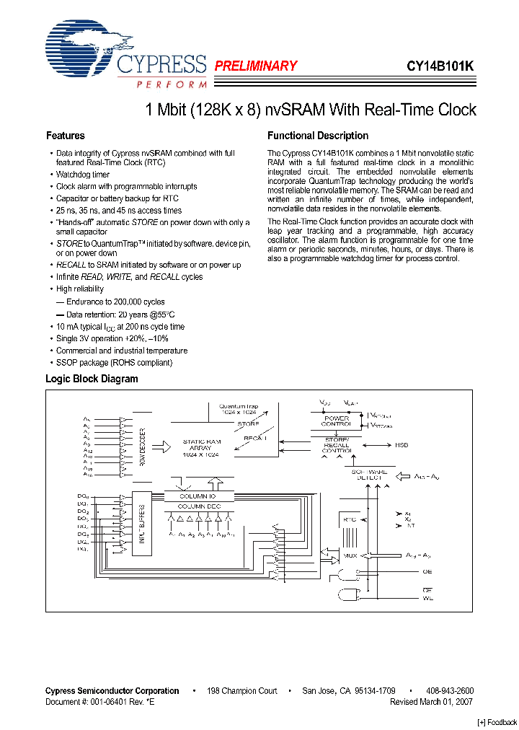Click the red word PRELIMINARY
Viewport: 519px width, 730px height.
[x=256, y=66]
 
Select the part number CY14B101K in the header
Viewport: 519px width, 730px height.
[x=440, y=66]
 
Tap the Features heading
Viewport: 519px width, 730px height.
[x=65, y=136]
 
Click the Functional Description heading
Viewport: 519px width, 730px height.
[x=318, y=136]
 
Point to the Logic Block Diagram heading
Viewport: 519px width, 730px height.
[x=92, y=379]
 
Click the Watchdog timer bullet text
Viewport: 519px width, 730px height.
[x=83, y=175]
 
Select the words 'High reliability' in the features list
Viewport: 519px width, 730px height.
[x=80, y=289]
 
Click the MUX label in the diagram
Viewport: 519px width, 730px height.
[x=350, y=556]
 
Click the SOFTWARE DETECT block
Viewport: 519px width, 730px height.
[x=369, y=476]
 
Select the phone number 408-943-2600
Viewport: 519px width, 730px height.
[x=449, y=690]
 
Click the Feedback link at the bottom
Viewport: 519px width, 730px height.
[x=497, y=723]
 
